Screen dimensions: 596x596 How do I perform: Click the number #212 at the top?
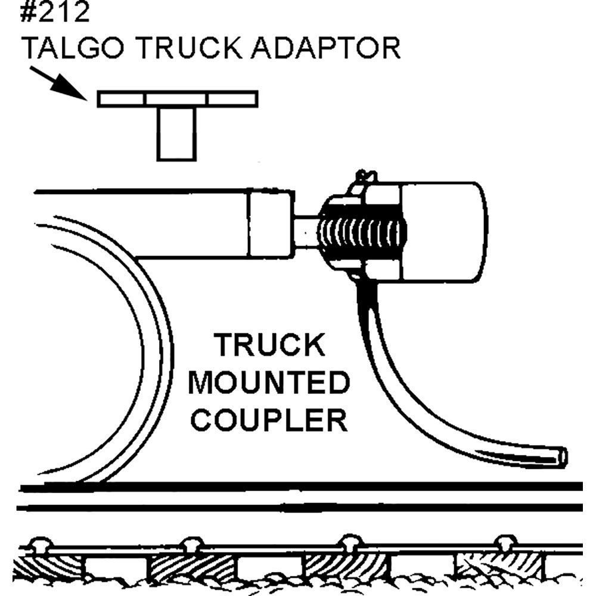coord(54,13)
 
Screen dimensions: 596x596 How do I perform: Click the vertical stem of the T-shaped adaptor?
coord(176,134)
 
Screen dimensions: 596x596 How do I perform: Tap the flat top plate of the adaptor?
coord(178,99)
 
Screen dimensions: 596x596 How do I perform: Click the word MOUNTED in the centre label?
coord(268,383)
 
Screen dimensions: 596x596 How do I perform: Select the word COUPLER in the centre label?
coord(272,420)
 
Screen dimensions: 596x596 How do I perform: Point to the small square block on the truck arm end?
coord(271,224)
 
